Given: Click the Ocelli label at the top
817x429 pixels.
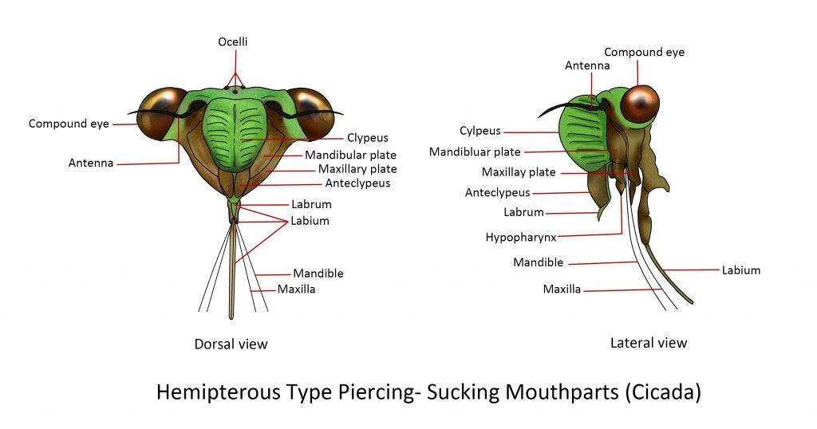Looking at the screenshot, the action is [232, 41].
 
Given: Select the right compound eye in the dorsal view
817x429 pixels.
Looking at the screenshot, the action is [312, 113].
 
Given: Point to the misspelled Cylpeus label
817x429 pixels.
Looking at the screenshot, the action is [480, 131].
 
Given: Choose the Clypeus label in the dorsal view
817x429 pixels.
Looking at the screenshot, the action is [367, 137].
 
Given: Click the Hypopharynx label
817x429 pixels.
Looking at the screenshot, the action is [521, 238].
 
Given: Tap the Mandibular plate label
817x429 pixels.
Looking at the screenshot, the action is [350, 155].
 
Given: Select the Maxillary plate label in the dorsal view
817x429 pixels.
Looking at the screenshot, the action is [357, 169].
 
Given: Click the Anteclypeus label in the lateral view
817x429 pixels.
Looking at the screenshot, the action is [498, 193].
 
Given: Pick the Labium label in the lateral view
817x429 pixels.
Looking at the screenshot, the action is [741, 270].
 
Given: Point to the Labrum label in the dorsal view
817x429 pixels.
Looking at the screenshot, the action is [311, 204].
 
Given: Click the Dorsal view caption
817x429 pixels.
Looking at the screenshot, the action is [231, 344].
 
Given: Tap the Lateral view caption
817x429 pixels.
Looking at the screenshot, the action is [649, 343].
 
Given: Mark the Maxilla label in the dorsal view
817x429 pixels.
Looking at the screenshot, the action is [296, 289].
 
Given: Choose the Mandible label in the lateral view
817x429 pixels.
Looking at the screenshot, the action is [539, 262].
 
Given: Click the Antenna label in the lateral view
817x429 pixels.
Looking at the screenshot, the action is [587, 65].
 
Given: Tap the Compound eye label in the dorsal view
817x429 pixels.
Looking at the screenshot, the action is [69, 124].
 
